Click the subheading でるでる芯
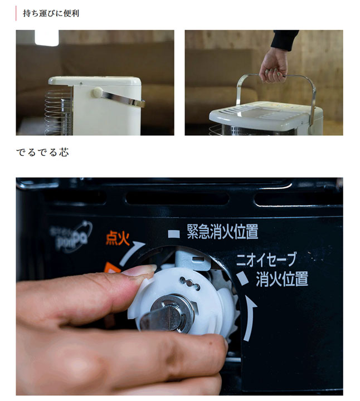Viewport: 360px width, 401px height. [42, 152]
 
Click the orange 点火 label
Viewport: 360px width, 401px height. [118, 239]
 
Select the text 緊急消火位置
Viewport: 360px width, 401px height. [222, 232]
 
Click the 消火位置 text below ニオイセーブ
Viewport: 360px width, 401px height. [281, 278]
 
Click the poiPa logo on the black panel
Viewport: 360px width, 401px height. [70, 236]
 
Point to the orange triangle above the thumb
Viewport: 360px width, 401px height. [111, 271]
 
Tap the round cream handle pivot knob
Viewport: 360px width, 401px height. [97, 92]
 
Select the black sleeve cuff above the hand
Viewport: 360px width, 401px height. [286, 40]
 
